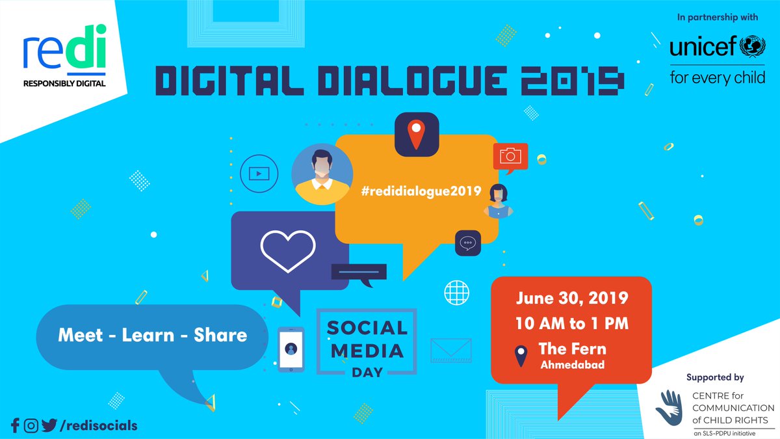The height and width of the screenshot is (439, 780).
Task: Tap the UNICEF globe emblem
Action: [x=753, y=48]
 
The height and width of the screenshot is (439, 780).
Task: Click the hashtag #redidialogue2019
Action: [x=421, y=191]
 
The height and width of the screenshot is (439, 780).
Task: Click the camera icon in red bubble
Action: [x=511, y=155]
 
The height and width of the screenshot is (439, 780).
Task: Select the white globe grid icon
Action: [x=457, y=292]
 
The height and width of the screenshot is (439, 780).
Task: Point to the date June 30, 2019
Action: [x=572, y=299]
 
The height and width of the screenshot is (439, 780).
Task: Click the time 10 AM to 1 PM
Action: [x=572, y=323]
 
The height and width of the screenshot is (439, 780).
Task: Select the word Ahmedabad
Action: [x=572, y=365]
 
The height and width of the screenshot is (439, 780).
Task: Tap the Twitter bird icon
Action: [x=49, y=426]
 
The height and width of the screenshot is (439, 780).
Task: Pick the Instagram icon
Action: [x=31, y=426]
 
